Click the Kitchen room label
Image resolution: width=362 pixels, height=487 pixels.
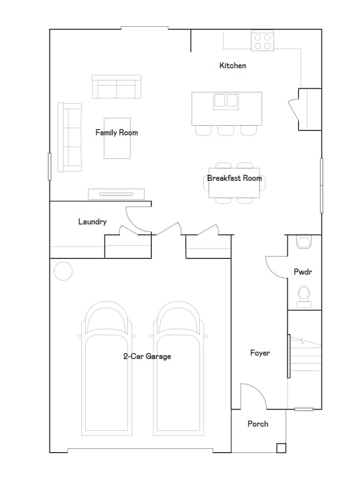[233, 66]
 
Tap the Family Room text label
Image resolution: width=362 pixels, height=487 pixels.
[117, 133]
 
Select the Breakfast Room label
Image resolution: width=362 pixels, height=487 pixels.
[235, 178]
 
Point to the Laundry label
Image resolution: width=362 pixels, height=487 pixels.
[93, 222]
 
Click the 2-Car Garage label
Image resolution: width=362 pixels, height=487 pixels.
[147, 356]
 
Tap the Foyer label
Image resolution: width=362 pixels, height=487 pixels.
[260, 353]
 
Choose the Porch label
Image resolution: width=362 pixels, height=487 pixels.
[258, 424]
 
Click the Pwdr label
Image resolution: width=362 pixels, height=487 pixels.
[304, 272]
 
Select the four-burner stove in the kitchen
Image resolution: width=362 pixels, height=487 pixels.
[262, 42]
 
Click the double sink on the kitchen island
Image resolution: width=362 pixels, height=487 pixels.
[227, 101]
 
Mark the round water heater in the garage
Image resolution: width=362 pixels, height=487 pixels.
[62, 271]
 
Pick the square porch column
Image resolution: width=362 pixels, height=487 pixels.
[281, 448]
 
